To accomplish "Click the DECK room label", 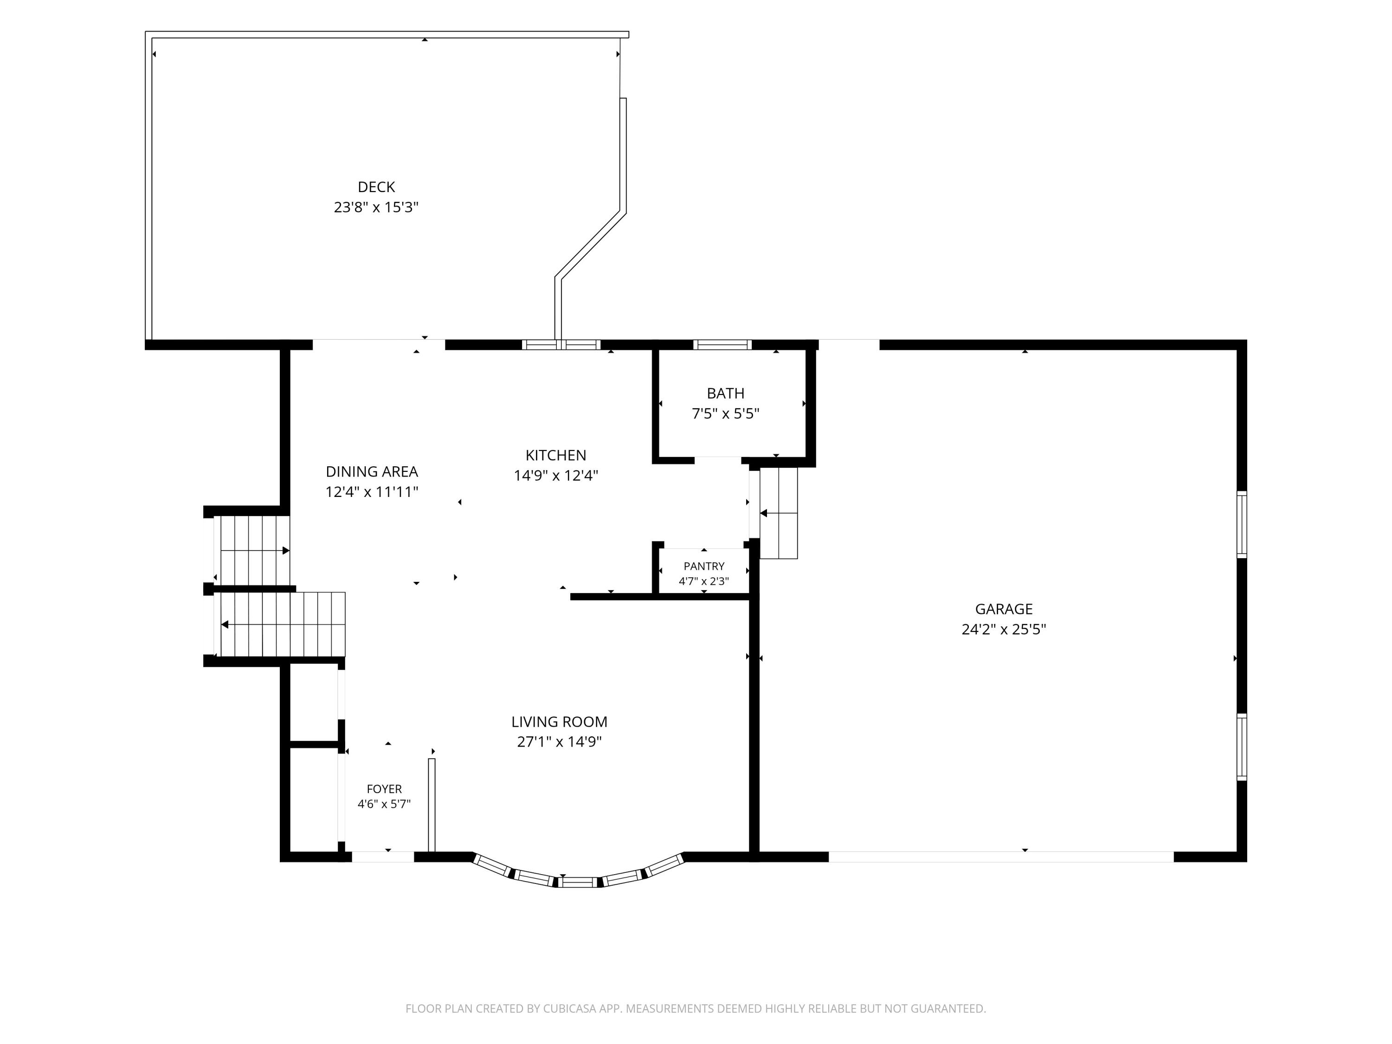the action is (376, 187).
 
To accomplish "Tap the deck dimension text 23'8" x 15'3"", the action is (376, 207).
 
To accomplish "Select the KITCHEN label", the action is (556, 455).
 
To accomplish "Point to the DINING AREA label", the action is (372, 471).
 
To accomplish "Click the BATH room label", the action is (726, 393).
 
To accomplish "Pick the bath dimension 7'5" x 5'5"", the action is (726, 413).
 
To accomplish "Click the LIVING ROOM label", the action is (560, 722).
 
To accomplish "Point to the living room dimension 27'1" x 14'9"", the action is (560, 741).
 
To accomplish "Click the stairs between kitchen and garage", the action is (779, 513).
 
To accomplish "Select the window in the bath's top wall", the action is (722, 345).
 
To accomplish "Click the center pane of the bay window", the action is (578, 882).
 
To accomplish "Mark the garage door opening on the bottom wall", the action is (1001, 857).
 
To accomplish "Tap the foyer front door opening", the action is (383, 857).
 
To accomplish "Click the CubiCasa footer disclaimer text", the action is (696, 1008).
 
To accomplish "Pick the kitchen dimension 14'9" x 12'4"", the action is (556, 475).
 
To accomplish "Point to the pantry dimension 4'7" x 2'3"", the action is (704, 581).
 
